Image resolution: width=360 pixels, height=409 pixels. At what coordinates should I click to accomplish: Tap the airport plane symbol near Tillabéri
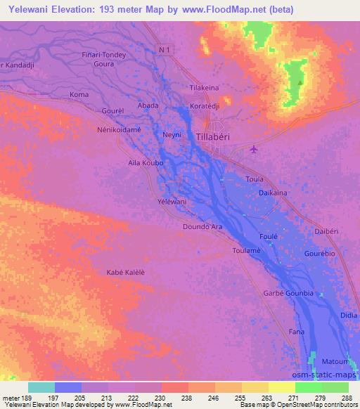[254, 148]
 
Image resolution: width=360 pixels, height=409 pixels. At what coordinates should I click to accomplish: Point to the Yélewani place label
[172, 201]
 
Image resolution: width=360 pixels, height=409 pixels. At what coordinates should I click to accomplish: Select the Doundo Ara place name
[202, 227]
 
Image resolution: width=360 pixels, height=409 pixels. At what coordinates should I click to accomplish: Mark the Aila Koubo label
[146, 162]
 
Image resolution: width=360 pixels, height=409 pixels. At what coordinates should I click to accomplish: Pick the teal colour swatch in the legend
[41, 387]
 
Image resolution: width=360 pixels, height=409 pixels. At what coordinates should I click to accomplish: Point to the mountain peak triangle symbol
[300, 82]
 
